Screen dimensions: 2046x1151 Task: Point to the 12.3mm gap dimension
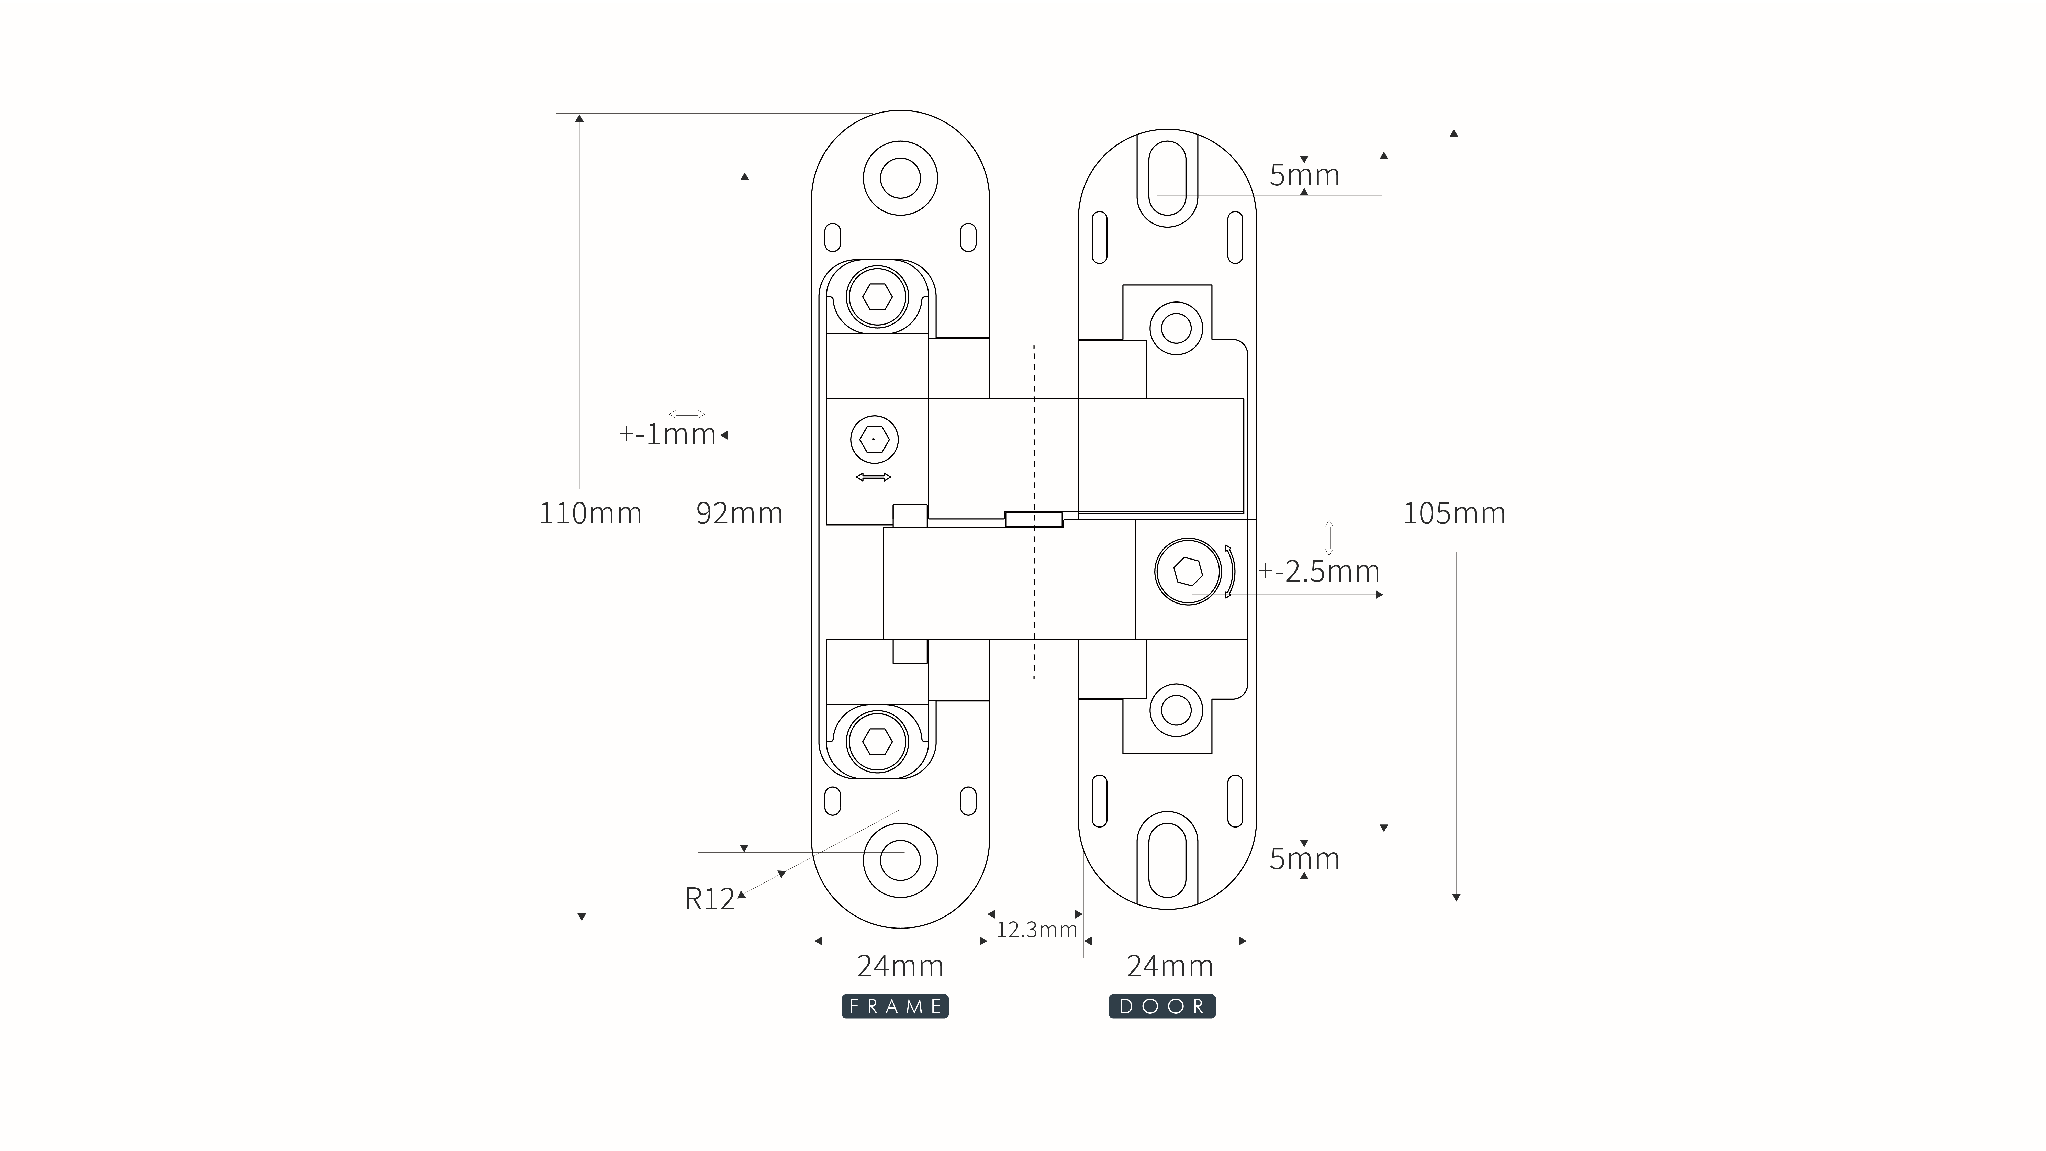point(1036,929)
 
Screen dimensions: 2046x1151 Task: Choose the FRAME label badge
point(895,1007)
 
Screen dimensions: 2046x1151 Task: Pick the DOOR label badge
point(1162,1007)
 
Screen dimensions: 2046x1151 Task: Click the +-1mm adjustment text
point(667,434)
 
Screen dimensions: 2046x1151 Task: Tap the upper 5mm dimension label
point(1304,175)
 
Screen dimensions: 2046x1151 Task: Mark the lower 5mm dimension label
point(1304,859)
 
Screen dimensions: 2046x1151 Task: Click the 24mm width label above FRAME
point(900,966)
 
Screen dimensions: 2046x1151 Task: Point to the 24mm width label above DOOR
point(1170,966)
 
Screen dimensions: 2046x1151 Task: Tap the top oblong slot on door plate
point(1168,179)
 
